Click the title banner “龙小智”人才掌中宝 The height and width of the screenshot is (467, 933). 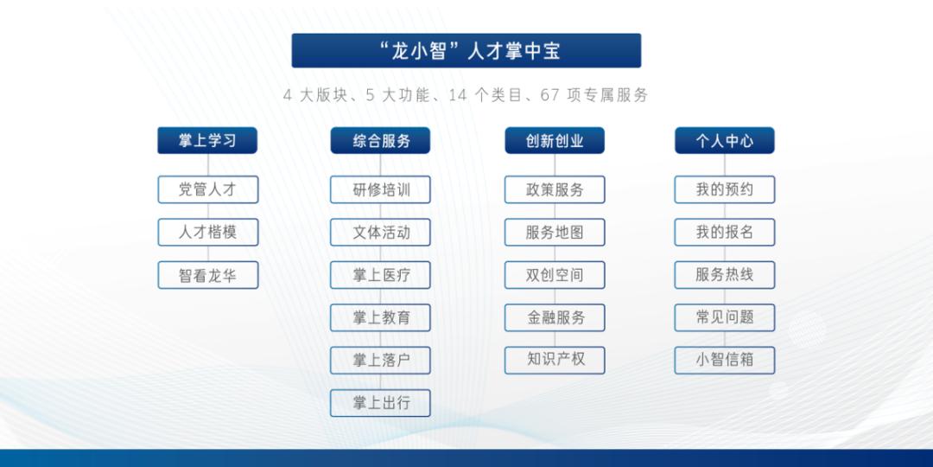click(x=466, y=51)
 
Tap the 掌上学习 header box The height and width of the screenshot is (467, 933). click(x=207, y=141)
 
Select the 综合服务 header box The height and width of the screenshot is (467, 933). click(x=380, y=141)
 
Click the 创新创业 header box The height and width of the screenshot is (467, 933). click(x=555, y=141)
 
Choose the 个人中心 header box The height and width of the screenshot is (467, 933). click(x=725, y=141)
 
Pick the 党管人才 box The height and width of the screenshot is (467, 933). click(x=207, y=189)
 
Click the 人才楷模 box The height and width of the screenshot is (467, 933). click(x=207, y=233)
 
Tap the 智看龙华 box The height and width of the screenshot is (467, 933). click(x=207, y=275)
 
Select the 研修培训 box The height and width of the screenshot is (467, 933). click(x=380, y=189)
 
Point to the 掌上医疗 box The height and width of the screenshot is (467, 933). click(x=380, y=275)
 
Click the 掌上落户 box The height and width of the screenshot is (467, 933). click(x=380, y=361)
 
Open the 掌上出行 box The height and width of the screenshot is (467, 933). click(x=380, y=403)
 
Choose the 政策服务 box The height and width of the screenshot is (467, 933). click(x=555, y=189)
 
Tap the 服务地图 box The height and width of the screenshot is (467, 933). click(x=555, y=233)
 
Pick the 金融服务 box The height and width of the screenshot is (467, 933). click(x=555, y=317)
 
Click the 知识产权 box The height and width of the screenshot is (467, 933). click(x=555, y=361)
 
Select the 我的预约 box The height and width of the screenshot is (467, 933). click(x=725, y=189)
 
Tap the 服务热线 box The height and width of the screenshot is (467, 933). click(x=725, y=275)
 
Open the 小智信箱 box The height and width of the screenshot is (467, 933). click(x=725, y=361)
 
